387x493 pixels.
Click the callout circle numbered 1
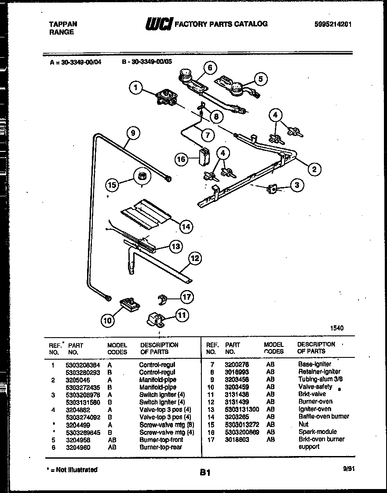(136, 88)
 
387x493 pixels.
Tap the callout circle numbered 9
(132, 133)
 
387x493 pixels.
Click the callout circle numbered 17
(186, 297)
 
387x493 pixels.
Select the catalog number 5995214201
(333, 25)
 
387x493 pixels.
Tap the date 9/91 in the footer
(348, 469)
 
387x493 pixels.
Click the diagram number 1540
(336, 328)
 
